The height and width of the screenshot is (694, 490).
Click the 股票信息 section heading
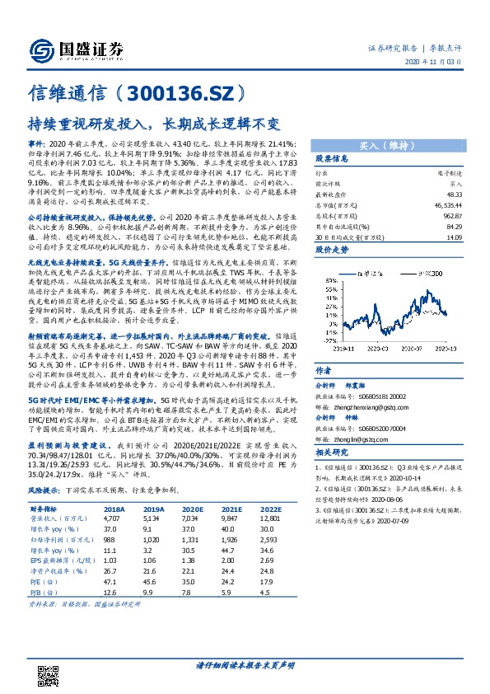[333, 158]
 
